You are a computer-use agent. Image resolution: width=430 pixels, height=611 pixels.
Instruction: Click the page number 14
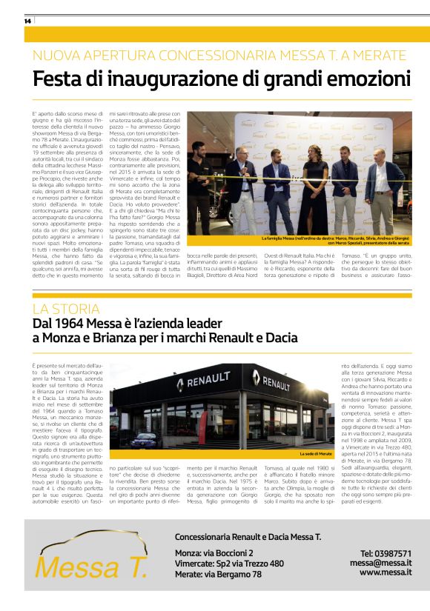click(27, 21)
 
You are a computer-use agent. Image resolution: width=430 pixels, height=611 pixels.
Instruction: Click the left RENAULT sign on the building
click(203, 384)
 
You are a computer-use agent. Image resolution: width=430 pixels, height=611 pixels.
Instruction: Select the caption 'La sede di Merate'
click(316, 454)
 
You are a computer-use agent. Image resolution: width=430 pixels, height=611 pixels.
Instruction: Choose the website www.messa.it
click(386, 572)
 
